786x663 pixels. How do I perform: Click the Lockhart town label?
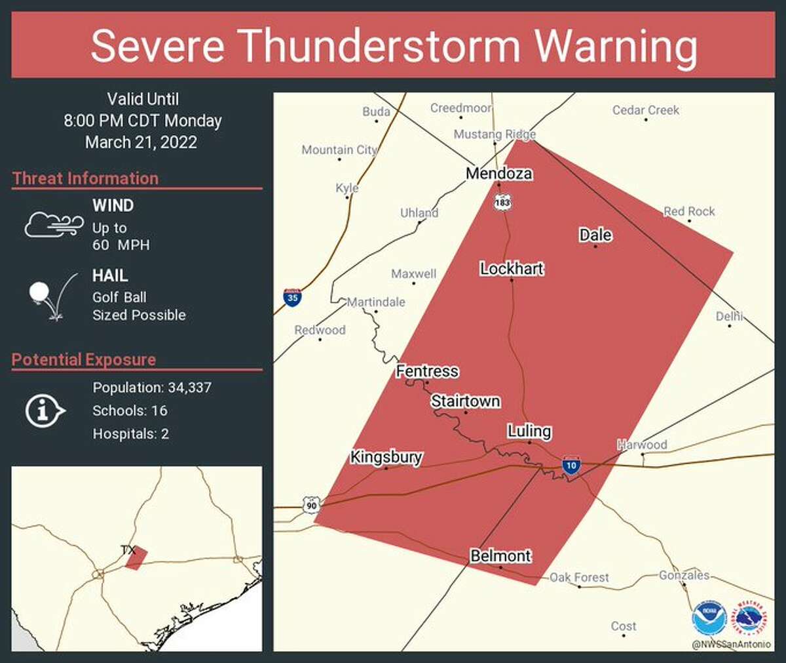pos(512,268)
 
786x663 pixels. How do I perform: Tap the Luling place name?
pos(529,431)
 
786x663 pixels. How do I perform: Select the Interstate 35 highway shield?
pos(293,297)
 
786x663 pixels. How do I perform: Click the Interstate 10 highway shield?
pos(571,465)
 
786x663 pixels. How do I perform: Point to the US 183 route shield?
pos(502,202)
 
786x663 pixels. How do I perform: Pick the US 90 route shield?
pos(311,505)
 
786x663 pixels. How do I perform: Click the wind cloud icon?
pos(54,225)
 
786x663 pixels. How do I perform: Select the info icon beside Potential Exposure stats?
pos(45,411)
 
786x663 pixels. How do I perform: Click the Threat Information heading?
pos(85,178)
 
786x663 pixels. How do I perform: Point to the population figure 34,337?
pos(189,388)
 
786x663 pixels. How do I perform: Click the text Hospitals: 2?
pos(130,433)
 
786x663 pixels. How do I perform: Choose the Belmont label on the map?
pos(500,555)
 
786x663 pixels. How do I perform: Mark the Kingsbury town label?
pos(386,456)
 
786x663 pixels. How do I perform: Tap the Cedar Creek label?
pos(645,110)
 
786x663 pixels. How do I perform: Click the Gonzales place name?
pos(684,575)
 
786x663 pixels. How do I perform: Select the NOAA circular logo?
pos(709,618)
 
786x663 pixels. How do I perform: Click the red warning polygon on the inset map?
pos(136,559)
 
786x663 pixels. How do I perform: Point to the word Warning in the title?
pos(616,46)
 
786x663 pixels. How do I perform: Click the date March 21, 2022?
pos(141,142)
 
